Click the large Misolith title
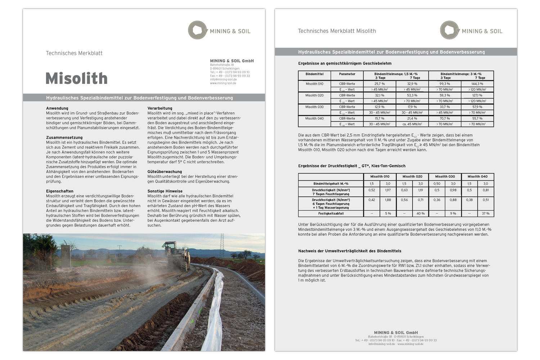pyautogui.click(x=76, y=78)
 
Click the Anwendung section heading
pyautogui.click(x=57, y=108)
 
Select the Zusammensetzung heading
pyautogui.click(x=64, y=138)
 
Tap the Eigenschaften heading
pyautogui.click(x=60, y=191)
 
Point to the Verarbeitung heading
pyautogui.click(x=160, y=108)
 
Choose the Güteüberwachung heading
pyautogui.click(x=165, y=172)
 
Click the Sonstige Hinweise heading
pyautogui.click(x=165, y=191)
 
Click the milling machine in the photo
pyautogui.click(x=176, y=254)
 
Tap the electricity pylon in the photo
pyautogui.click(x=222, y=245)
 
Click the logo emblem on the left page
pyautogui.click(x=197, y=30)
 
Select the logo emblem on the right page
pyautogui.click(x=449, y=30)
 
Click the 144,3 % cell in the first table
pyautogui.click(x=477, y=84)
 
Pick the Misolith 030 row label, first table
pyautogui.click(x=314, y=107)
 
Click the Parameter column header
pyautogui.click(x=347, y=74)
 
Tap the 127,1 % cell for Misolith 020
pyautogui.click(x=477, y=95)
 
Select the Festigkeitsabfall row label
pyautogui.click(x=331, y=213)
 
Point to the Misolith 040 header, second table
pyautogui.click(x=477, y=177)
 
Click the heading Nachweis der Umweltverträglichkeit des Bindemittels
pyautogui.click(x=350, y=251)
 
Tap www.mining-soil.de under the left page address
pyautogui.click(x=223, y=83)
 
